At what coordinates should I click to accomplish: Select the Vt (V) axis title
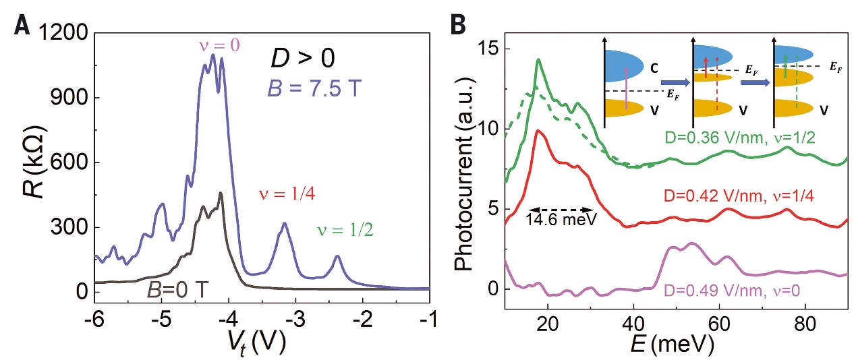coord(262,342)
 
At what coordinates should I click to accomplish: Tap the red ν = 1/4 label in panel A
coord(287,195)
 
